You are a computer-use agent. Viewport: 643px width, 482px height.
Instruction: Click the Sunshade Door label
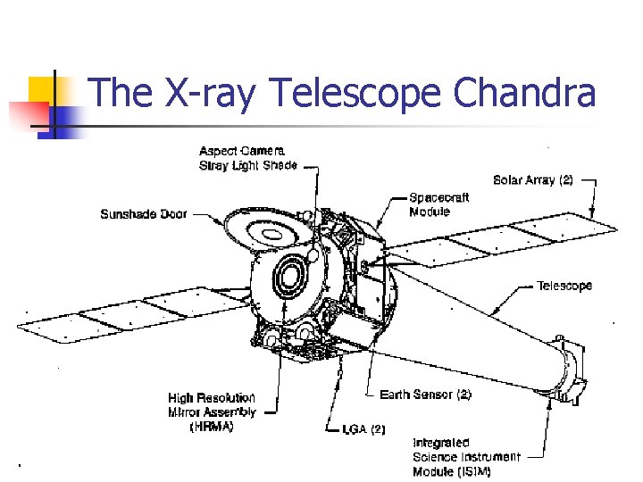coord(145,214)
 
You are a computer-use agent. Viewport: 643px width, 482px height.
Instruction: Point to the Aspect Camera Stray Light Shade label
coord(247,158)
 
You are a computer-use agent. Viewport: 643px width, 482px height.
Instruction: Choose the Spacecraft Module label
coord(438,204)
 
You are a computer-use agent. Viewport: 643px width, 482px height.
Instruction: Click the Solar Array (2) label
coord(533,180)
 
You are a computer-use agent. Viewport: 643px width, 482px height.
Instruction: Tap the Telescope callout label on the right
coord(564,286)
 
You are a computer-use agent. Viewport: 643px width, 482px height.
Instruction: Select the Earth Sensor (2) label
coord(425,394)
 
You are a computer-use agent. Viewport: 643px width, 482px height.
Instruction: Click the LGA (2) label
coord(363,429)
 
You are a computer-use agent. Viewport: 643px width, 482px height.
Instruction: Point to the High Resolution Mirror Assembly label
coord(212,411)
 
